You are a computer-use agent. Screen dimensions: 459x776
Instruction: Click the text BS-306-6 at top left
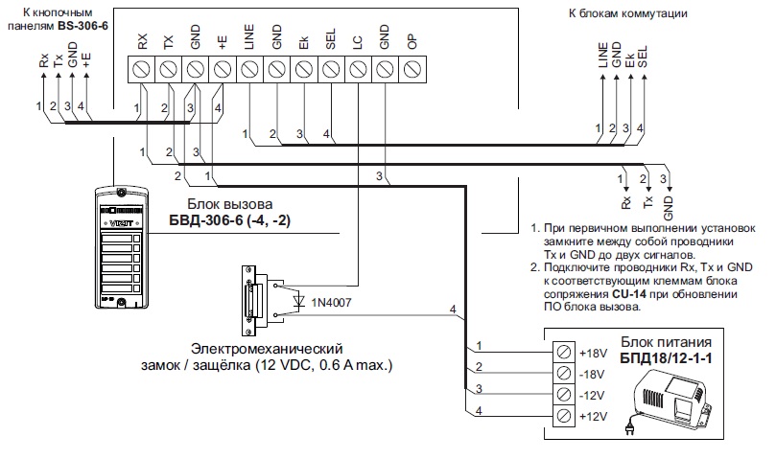coord(82,23)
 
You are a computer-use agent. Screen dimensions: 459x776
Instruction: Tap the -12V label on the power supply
coord(592,394)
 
